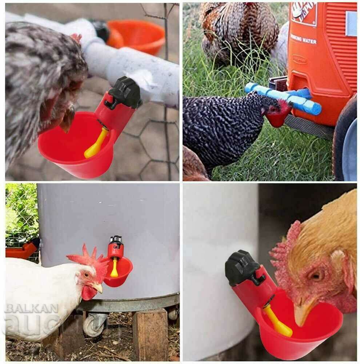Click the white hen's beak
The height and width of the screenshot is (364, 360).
[97, 288]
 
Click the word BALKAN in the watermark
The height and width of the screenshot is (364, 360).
[31, 309]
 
